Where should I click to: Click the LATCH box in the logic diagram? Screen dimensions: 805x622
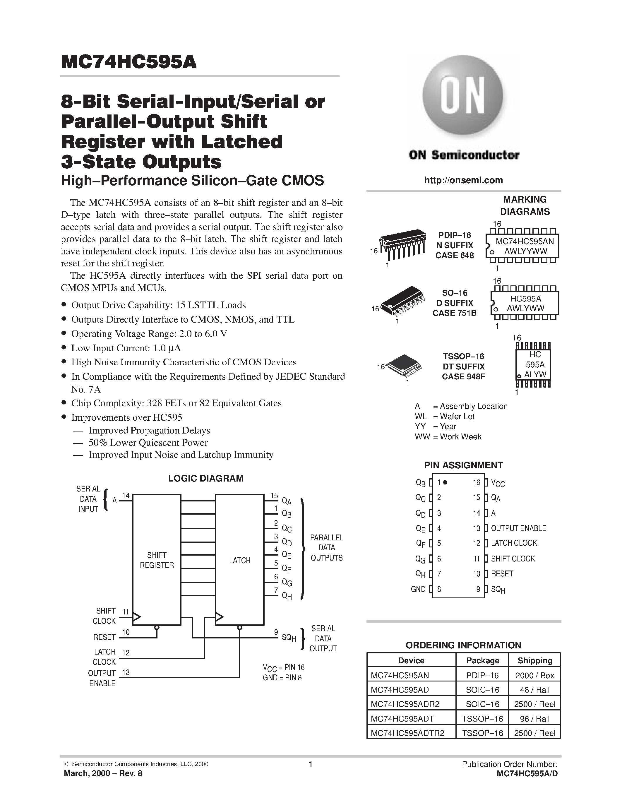click(239, 560)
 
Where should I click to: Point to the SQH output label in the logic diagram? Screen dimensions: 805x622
click(289, 637)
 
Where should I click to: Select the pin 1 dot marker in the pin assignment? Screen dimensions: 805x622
click(445, 482)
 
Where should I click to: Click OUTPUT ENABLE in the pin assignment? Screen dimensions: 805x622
click(518, 528)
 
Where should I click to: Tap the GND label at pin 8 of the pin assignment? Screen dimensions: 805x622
click(418, 589)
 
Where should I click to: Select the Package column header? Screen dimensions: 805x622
click(482, 660)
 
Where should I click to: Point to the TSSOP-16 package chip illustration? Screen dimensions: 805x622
click(404, 366)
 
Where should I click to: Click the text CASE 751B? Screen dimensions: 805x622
click(454, 313)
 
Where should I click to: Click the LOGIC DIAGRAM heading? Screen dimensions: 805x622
click(205, 478)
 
